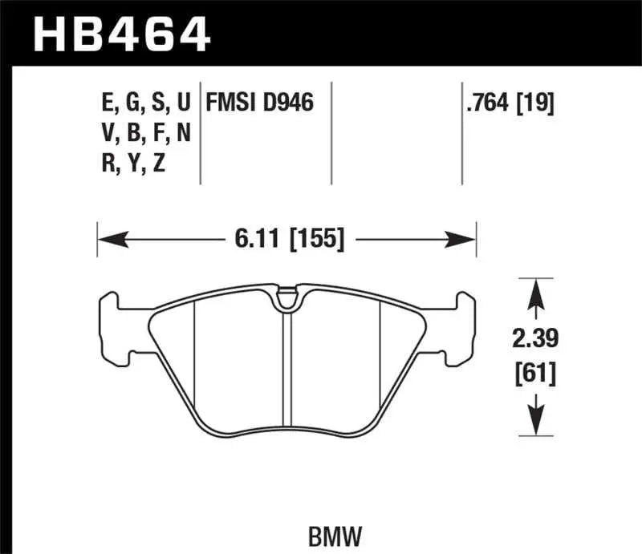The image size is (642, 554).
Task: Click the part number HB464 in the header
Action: tap(121, 34)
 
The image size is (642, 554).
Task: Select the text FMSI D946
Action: tap(259, 103)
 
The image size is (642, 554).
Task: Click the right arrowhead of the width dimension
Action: tap(466, 238)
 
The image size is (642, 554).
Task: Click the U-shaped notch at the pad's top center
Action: tap(286, 301)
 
